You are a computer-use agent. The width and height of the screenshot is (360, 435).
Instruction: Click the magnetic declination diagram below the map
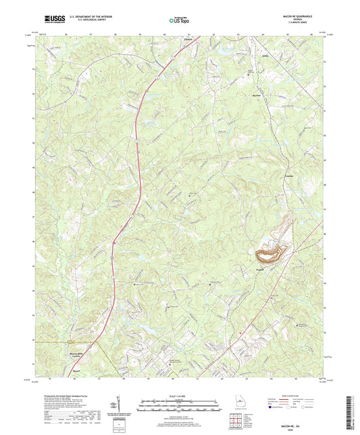pos(119,409)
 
